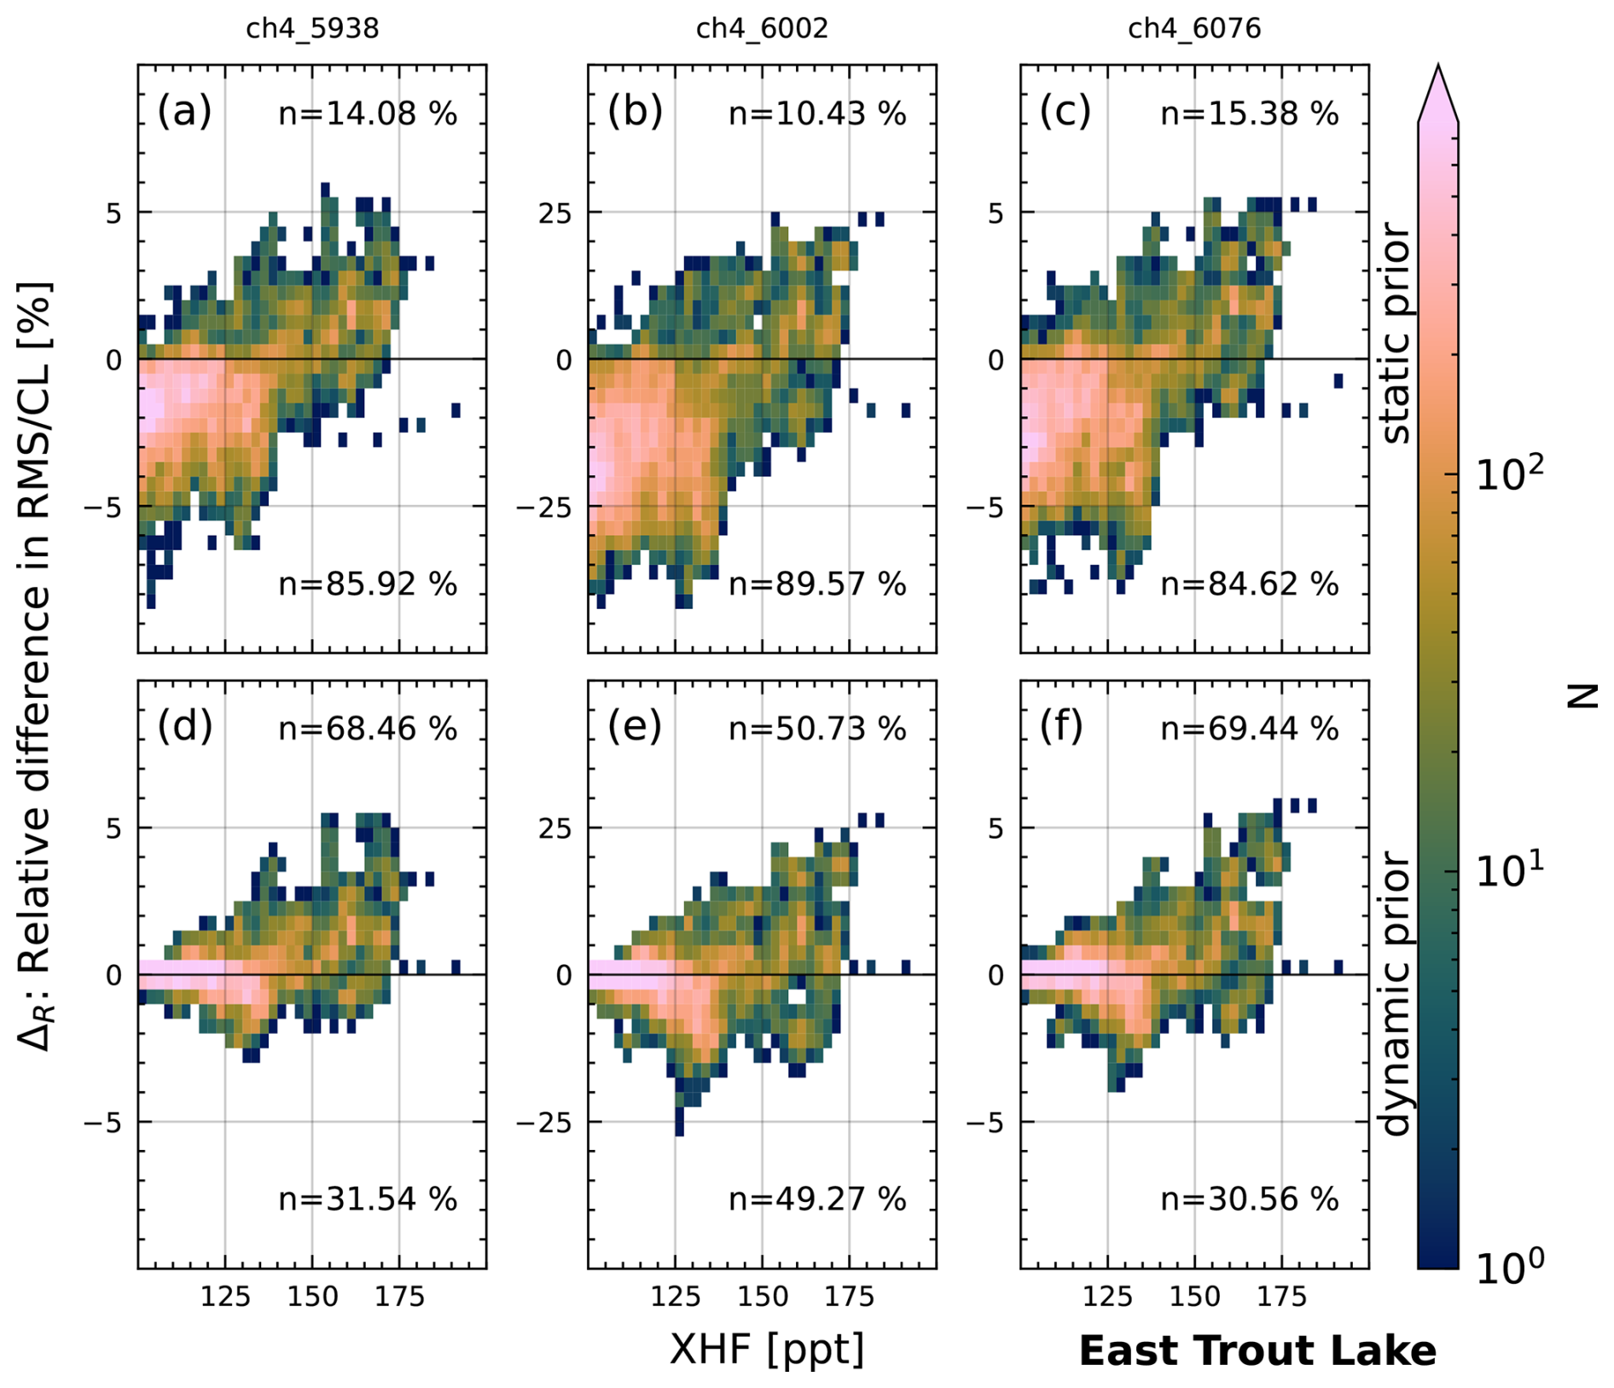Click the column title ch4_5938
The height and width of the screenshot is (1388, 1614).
point(312,29)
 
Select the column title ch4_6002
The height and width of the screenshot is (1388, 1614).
point(762,29)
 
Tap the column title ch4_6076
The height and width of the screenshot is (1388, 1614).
point(1194,29)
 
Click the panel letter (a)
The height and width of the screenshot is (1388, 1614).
point(184,113)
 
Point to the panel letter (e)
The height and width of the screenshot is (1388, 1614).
point(635,728)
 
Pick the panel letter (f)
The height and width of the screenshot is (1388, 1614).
point(1062,728)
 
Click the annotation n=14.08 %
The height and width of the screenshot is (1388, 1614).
point(368,113)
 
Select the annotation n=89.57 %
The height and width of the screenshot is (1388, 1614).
point(817,584)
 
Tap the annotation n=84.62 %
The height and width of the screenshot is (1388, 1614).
point(1250,584)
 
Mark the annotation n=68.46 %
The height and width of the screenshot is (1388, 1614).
point(368,729)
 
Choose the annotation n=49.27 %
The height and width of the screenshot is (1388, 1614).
point(817,1199)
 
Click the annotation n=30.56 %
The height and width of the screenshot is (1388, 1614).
point(1250,1199)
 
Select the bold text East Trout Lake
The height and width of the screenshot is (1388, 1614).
point(1257,1351)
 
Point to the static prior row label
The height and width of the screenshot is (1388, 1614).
point(1396,333)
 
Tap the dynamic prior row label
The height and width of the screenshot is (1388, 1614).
point(1396,994)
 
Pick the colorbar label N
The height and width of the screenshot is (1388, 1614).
point(1583,697)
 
